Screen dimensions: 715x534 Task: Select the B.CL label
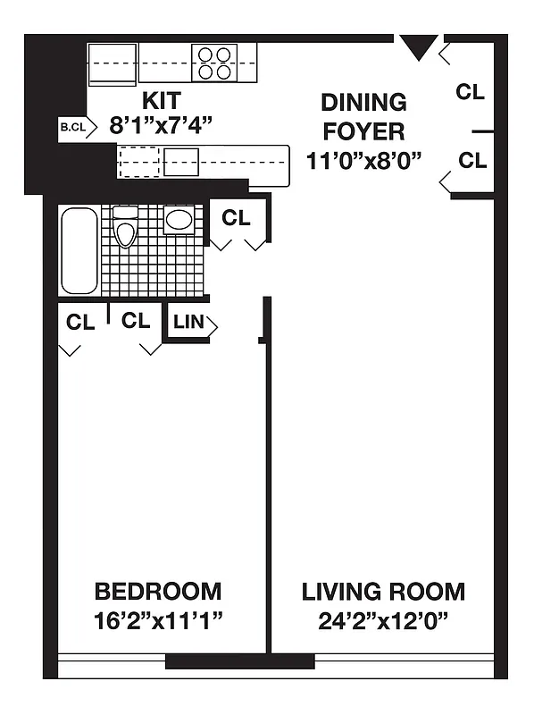72,127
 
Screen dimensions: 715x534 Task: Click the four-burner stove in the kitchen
215,63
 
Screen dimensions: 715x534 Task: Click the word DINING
363,102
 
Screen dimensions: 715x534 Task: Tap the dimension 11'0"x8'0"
363,161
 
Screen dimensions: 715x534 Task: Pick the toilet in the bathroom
126,229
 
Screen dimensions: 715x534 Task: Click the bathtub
79,250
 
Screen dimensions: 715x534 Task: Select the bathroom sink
180,220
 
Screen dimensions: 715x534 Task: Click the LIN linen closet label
188,323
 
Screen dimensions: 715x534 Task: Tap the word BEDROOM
158,591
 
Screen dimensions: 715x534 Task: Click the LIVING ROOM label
383,591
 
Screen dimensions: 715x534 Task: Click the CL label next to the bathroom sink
237,217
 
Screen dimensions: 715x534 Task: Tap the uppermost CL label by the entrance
471,91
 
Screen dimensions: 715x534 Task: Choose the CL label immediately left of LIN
136,321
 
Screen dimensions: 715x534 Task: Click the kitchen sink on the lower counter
181,162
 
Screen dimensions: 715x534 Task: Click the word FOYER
363,131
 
